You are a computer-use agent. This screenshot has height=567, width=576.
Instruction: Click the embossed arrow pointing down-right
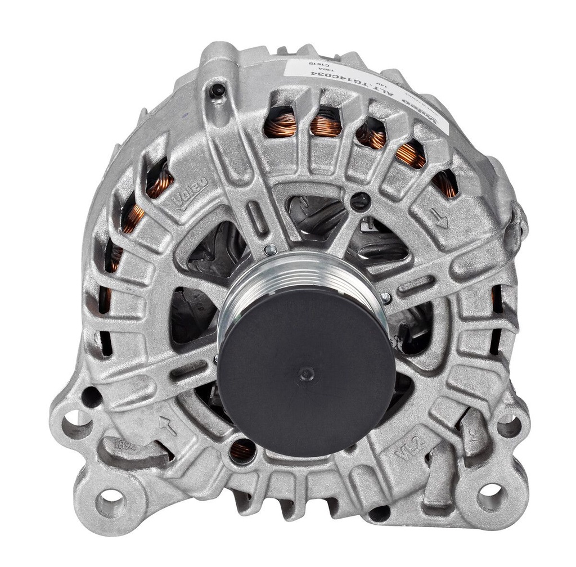click(x=442, y=218)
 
